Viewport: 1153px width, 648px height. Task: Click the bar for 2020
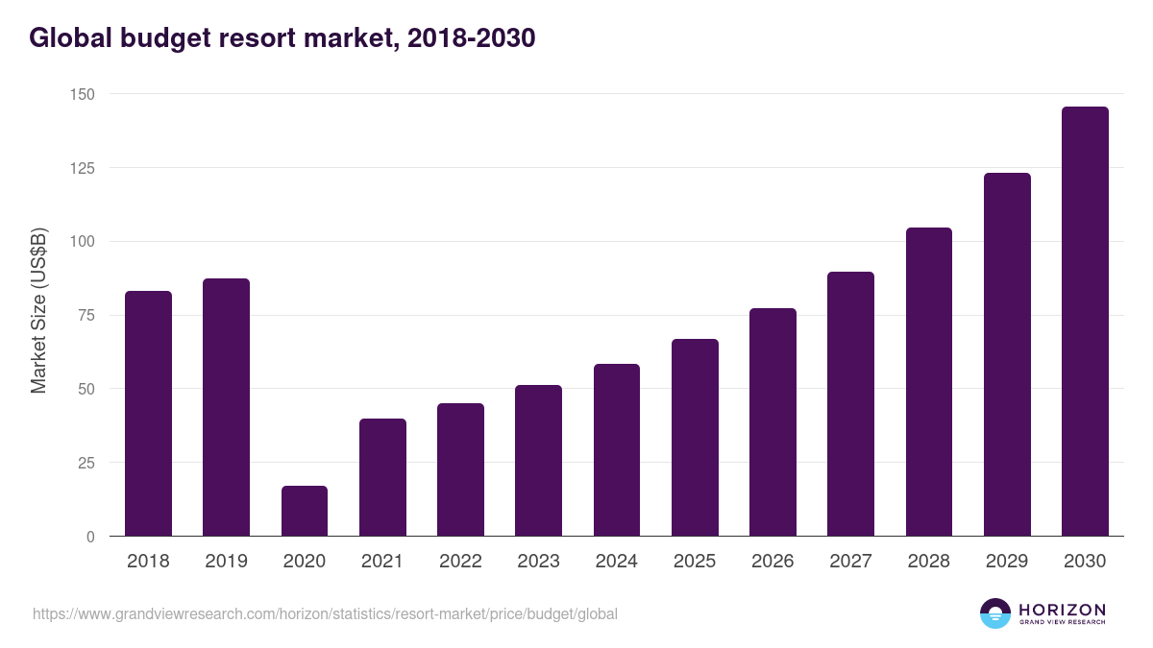point(305,511)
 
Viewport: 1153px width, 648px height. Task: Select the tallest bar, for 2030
point(1085,322)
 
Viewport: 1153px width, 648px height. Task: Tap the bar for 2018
point(148,414)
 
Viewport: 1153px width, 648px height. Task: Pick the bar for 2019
point(226,407)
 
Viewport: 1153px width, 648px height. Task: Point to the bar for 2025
point(695,438)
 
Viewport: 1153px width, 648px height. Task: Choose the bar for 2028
point(929,382)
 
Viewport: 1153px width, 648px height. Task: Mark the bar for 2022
point(460,469)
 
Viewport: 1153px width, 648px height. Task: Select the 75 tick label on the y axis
point(86,315)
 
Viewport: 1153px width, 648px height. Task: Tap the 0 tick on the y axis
point(90,537)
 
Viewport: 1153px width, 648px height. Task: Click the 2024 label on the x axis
point(616,562)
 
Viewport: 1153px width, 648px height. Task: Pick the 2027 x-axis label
point(850,562)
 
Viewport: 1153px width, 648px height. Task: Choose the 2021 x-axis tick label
point(381,562)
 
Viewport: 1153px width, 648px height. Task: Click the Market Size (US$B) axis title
point(39,311)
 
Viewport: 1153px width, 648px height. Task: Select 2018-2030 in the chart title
point(471,38)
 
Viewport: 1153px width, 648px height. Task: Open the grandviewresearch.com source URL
point(325,613)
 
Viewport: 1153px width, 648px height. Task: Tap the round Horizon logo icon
point(995,613)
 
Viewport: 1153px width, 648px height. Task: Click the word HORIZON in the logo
point(1063,610)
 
